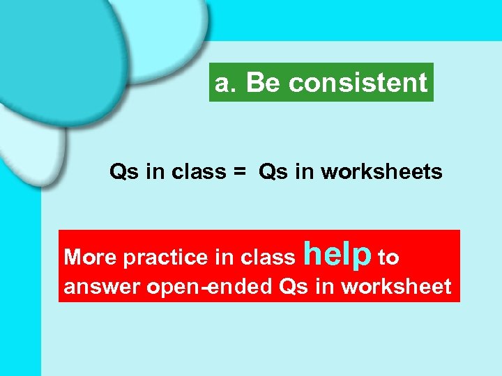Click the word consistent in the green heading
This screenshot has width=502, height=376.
pos(358,84)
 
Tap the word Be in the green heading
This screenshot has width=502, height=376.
pos(263,84)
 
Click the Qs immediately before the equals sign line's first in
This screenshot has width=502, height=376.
pos(123,172)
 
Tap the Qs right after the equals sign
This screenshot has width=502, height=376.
pos(273,172)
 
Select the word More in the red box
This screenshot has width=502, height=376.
pos(91,258)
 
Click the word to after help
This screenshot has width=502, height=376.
pos(388,258)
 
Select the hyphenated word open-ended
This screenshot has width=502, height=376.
pos(206,288)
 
